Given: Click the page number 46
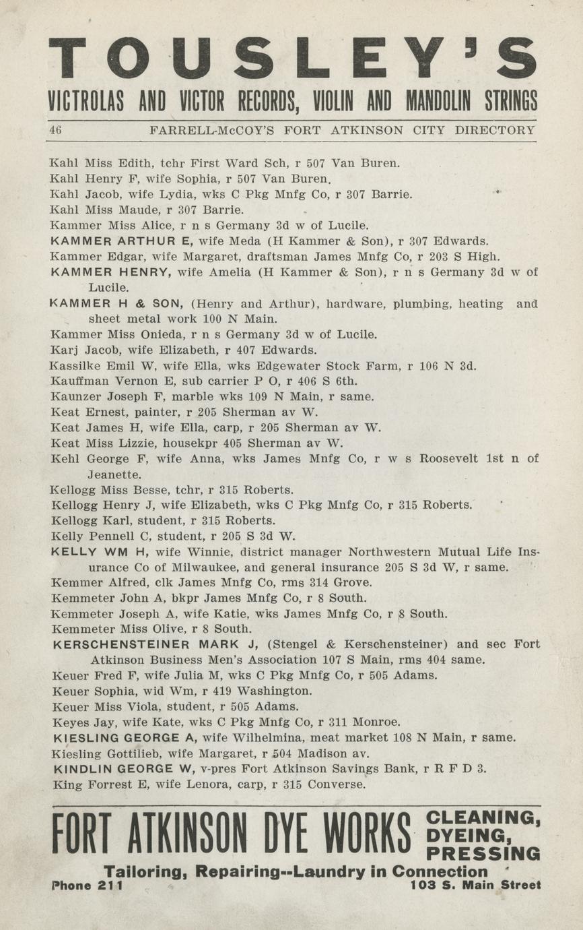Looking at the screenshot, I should pos(55,130).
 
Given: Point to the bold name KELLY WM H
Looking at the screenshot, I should pos(99,552).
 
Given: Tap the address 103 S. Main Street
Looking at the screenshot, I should pos(475,886).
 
